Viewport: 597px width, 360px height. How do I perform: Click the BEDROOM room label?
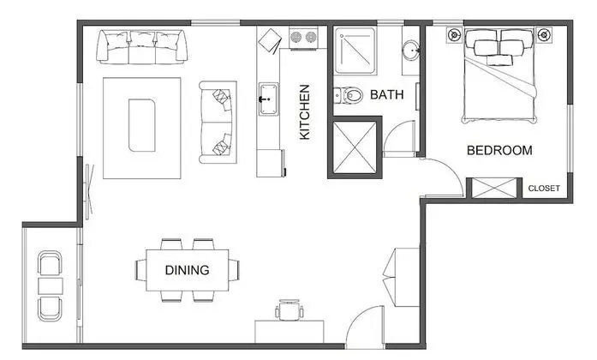(x=499, y=150)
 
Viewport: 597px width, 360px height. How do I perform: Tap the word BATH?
(x=387, y=94)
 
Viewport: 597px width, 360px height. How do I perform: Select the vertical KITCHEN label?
(x=305, y=112)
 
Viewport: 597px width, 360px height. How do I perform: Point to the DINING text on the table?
(x=187, y=270)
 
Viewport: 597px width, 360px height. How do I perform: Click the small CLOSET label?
(x=544, y=189)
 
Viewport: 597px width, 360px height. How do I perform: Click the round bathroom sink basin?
(x=411, y=50)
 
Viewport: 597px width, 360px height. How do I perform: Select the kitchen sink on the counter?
(x=268, y=99)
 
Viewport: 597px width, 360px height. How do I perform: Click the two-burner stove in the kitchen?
(x=303, y=37)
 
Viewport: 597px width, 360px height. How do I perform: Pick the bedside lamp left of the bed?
(x=454, y=35)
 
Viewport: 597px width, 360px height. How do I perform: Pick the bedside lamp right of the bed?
(x=544, y=35)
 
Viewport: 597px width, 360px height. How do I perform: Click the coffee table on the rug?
(x=141, y=125)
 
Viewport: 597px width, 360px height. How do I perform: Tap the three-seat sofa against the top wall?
(x=141, y=46)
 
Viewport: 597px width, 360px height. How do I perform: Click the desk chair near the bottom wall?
(x=290, y=309)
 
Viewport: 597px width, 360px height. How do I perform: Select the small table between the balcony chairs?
(x=51, y=285)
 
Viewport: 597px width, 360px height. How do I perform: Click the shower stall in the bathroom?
(x=355, y=51)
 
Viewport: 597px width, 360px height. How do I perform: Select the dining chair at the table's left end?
(x=140, y=270)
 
